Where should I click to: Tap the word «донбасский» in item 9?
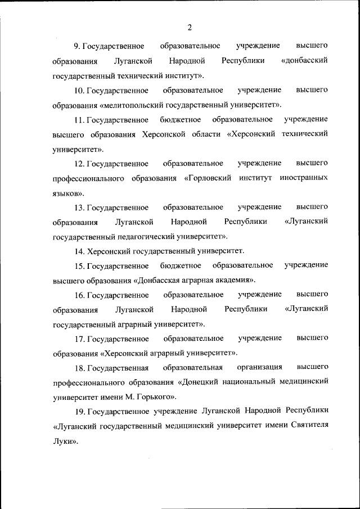coord(304,60)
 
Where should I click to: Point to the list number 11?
coord(79,119)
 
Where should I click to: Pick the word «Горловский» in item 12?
coord(210,178)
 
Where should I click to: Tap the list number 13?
coord(79,208)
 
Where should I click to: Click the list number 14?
coord(79,250)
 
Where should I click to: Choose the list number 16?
coord(79,294)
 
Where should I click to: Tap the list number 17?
coord(79,338)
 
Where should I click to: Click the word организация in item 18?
coord(259,367)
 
